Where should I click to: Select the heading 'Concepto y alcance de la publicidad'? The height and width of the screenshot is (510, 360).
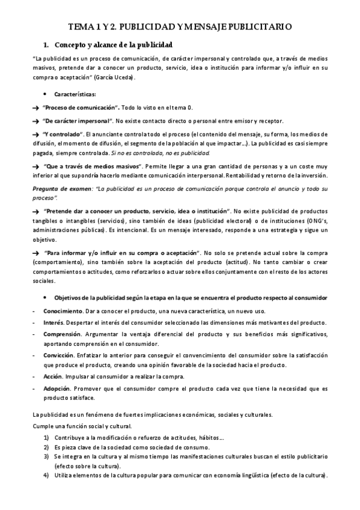click(113, 45)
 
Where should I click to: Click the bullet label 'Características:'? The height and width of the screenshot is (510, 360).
click(74, 94)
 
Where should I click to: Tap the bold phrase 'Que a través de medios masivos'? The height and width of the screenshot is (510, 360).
click(99, 167)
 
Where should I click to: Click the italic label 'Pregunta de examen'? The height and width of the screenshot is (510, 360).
click(59, 189)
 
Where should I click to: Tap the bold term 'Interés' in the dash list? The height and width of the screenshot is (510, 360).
click(53, 323)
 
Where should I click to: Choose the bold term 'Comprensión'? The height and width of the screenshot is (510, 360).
click(63, 334)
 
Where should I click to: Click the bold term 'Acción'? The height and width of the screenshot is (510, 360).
click(53, 376)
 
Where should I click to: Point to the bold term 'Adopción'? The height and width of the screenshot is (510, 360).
click(57, 388)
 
